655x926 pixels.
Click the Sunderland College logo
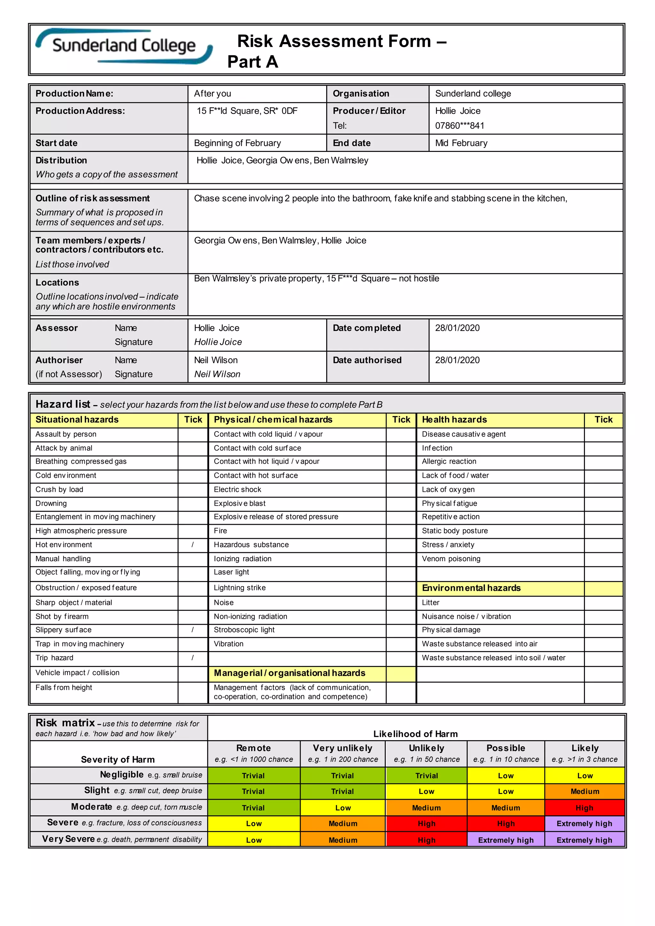pyautogui.click(x=124, y=46)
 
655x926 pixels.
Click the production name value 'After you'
pyautogui.click(x=213, y=94)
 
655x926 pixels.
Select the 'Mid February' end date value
pyautogui.click(x=461, y=143)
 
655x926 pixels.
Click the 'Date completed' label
pyautogui.click(x=366, y=328)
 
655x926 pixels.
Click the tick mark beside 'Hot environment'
pyautogui.click(x=193, y=545)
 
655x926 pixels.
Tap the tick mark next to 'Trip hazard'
pyautogui.click(x=193, y=658)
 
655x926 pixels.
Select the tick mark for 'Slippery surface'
pyautogui.click(x=193, y=630)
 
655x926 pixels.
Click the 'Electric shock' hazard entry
pyautogui.click(x=237, y=489)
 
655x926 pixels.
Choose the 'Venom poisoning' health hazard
pyautogui.click(x=451, y=559)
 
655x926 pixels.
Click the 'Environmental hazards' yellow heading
pyautogui.click(x=471, y=588)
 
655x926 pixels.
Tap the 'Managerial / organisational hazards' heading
pyautogui.click(x=289, y=673)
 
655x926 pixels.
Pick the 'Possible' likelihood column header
pyautogui.click(x=505, y=748)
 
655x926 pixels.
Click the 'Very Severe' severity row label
pyautogui.click(x=68, y=839)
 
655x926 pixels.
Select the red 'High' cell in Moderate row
pyautogui.click(x=584, y=808)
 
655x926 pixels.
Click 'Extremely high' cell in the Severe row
pyautogui.click(x=584, y=824)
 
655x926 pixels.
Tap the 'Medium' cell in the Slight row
pyautogui.click(x=584, y=791)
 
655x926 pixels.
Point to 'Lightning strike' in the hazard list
pyautogui.click(x=240, y=588)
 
